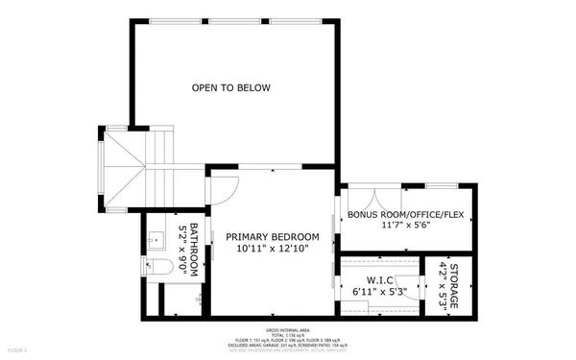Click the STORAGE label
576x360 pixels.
(x=454, y=285)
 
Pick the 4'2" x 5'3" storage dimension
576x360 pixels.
(x=443, y=285)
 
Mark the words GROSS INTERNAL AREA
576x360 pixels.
(x=287, y=328)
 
